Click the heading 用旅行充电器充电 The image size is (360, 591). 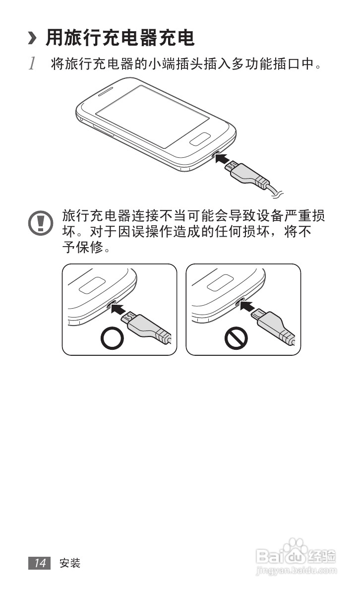[x=120, y=37]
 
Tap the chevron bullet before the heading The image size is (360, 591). [x=33, y=38]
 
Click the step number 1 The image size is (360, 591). [x=32, y=64]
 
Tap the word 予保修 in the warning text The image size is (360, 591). [x=82, y=247]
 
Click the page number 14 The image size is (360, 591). [x=40, y=563]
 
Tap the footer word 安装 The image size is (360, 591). [x=69, y=563]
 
